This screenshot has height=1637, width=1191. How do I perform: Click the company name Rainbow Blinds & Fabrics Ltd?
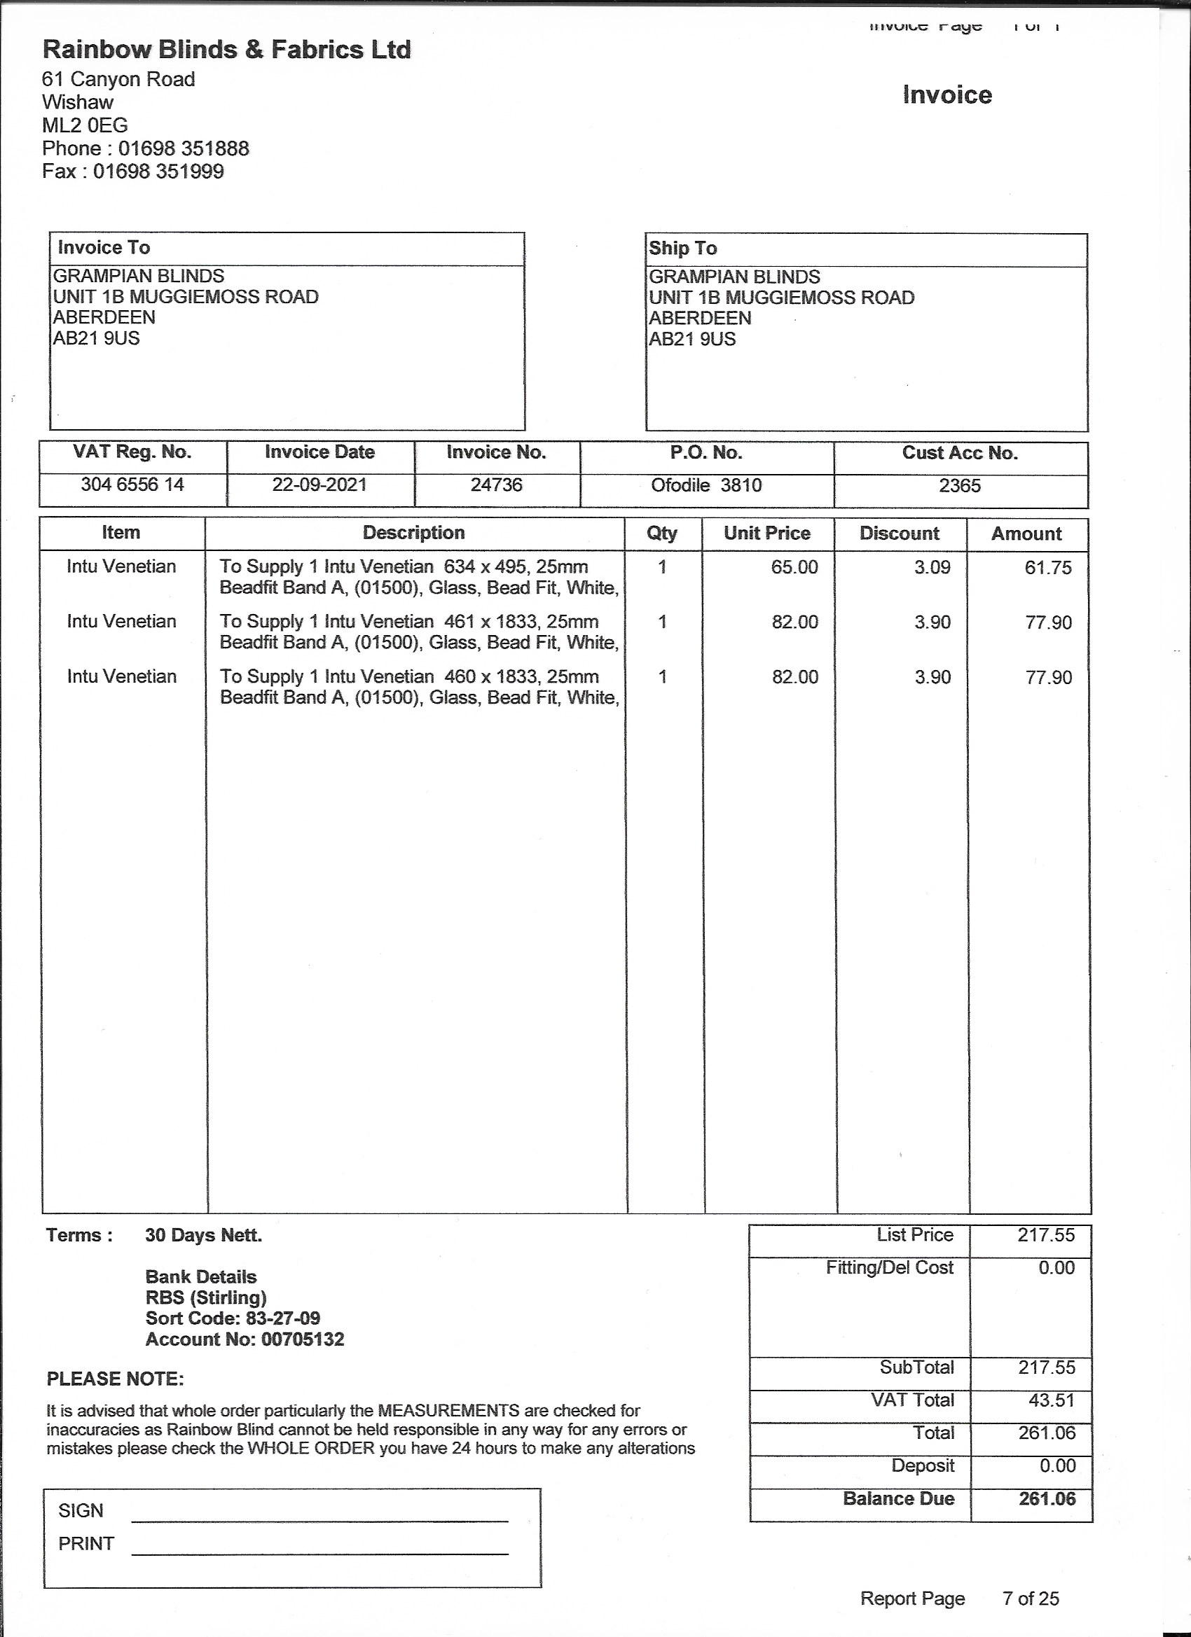[227, 49]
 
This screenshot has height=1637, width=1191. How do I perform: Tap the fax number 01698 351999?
[158, 171]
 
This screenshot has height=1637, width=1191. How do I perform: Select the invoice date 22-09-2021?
[319, 485]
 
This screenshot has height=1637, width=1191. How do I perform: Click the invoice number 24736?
[496, 485]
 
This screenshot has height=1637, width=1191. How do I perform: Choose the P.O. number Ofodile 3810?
[705, 485]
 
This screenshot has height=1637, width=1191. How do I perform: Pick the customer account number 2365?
[959, 486]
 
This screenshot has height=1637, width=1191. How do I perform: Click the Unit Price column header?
[767, 534]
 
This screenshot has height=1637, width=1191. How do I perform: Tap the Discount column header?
[900, 534]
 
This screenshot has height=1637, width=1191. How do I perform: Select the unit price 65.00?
[794, 567]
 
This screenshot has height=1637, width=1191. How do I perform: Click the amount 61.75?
[1048, 568]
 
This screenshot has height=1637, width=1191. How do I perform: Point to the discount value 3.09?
[932, 567]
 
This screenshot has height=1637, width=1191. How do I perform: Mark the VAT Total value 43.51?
[1052, 1400]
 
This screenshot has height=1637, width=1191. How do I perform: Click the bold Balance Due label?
[898, 1498]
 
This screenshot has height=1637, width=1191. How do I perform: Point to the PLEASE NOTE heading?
[115, 1379]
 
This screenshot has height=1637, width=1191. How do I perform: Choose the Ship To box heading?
[682, 249]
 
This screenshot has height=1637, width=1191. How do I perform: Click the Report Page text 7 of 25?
[1031, 1598]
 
